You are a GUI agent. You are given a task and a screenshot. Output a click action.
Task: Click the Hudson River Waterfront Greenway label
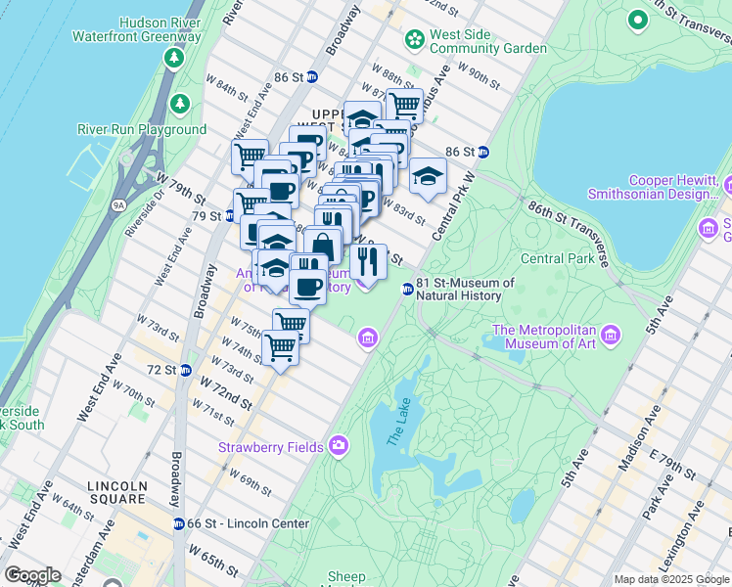(x=136, y=29)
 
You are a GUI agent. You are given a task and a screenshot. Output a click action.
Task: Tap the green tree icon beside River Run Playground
(x=179, y=103)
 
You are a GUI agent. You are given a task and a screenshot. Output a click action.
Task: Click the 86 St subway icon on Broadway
(x=312, y=77)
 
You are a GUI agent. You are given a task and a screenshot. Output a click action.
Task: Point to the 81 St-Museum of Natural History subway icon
(x=407, y=289)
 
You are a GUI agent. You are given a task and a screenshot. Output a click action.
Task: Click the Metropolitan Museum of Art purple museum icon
(x=612, y=337)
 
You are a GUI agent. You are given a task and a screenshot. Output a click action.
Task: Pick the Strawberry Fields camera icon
(x=339, y=446)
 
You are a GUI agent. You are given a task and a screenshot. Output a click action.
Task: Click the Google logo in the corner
(x=32, y=575)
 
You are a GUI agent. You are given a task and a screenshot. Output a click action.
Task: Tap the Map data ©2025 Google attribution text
(x=670, y=579)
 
